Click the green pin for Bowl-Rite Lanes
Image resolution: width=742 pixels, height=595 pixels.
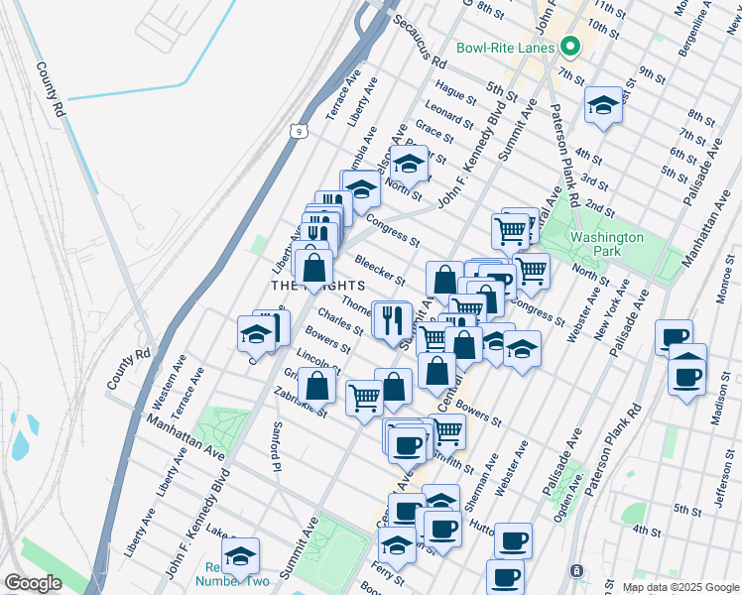tap(570, 47)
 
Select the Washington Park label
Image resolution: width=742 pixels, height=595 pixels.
tap(606, 244)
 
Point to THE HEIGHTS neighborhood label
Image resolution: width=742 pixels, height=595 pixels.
tap(309, 286)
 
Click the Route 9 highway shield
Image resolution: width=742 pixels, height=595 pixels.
tap(298, 130)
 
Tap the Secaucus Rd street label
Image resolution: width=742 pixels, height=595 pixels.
tap(419, 43)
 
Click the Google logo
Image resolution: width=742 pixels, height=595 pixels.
tap(33, 583)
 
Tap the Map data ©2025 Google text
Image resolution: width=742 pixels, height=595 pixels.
tap(680, 587)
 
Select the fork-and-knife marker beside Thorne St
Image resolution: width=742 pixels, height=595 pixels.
tap(391, 319)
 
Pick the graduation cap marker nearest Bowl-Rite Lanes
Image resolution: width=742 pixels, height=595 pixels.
tap(603, 105)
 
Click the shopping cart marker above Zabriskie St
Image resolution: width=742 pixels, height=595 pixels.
tap(364, 397)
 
